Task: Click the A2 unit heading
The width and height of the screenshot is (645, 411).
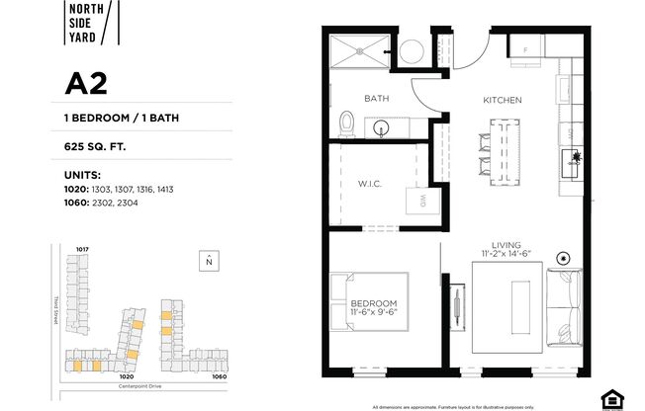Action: click(x=86, y=85)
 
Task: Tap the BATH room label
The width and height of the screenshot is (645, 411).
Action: click(x=376, y=98)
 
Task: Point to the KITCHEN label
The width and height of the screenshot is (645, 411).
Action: click(x=502, y=100)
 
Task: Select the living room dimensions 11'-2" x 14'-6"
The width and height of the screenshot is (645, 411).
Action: click(x=514, y=256)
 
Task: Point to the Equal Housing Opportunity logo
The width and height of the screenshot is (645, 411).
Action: click(x=614, y=397)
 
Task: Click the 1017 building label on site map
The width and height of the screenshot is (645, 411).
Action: click(x=83, y=247)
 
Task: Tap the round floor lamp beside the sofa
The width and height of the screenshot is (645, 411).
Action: click(x=564, y=258)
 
